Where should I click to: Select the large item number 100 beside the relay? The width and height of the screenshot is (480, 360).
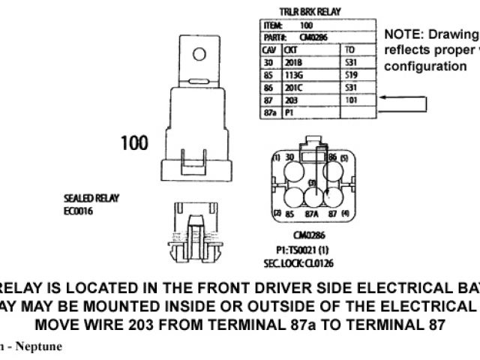pyautogui.click(x=135, y=142)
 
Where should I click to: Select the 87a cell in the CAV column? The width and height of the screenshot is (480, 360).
pyautogui.click(x=271, y=112)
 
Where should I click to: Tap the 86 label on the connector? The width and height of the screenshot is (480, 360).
pyautogui.click(x=332, y=157)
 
